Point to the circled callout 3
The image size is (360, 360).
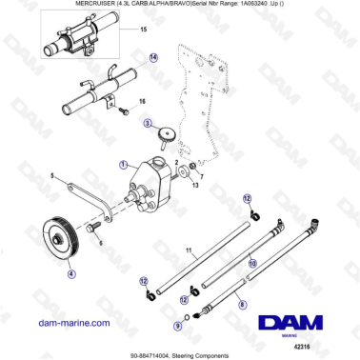pyautogui.click(x=149, y=123)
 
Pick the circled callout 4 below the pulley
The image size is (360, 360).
pyautogui.click(x=70, y=272)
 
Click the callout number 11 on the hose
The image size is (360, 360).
pyautogui.click(x=190, y=252)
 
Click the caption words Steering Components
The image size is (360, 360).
pyautogui.click(x=204, y=355)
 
